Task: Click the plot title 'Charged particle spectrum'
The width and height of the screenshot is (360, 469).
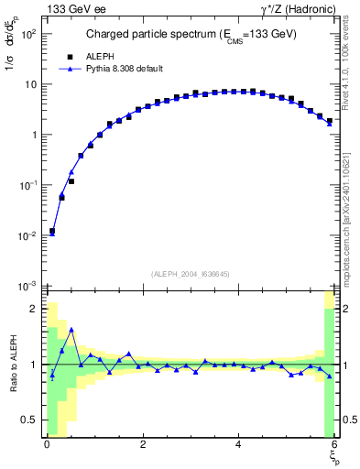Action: tap(191, 36)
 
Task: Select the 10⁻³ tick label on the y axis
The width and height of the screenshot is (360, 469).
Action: tap(28, 286)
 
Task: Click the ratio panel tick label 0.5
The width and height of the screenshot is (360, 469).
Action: tap(27, 420)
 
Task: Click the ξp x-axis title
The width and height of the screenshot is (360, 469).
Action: tap(333, 458)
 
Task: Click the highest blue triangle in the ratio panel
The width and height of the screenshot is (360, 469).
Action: tap(71, 329)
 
